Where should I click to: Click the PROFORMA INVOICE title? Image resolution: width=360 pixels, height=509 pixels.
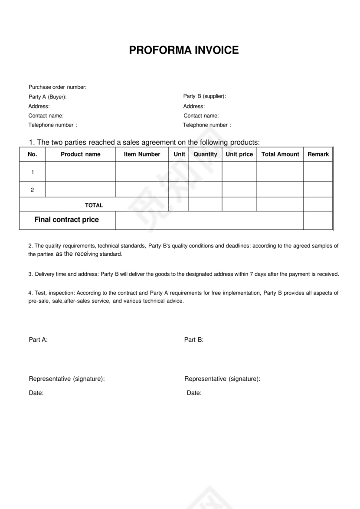pos(184,50)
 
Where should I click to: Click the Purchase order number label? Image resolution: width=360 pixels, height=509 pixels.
pos(58,87)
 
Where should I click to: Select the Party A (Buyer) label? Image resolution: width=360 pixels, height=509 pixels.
pos(48,97)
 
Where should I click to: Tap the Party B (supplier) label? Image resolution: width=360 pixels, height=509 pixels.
pos(205,96)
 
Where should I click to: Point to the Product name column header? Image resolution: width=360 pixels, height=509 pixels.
pos(80,154)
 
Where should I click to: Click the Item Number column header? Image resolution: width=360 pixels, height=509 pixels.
pos(142,154)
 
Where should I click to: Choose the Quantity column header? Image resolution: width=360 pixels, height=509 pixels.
pos(205,154)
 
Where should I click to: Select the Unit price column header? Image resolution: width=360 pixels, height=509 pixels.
pos(239,154)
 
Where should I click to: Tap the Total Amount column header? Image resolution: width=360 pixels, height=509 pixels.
pos(280,154)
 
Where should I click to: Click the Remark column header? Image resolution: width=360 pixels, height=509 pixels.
pos(318,154)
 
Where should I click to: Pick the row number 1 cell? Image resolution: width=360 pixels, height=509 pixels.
pos(33,172)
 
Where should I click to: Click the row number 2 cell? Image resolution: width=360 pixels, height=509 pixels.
pos(33,190)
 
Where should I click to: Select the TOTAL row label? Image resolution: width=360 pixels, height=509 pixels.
pos(94,206)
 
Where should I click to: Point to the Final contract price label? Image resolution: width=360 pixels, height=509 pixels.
pos(67,220)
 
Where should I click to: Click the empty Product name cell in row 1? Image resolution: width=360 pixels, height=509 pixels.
pos(80,172)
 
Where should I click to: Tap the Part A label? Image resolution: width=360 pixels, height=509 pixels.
pos(38,340)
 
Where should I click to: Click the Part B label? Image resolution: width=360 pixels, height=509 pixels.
pos(194,340)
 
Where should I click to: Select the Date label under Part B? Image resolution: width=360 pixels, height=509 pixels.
pos(194,393)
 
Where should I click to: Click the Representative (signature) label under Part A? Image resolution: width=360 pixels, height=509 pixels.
pos(67,379)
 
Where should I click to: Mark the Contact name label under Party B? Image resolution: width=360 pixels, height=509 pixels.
pos(201,116)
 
